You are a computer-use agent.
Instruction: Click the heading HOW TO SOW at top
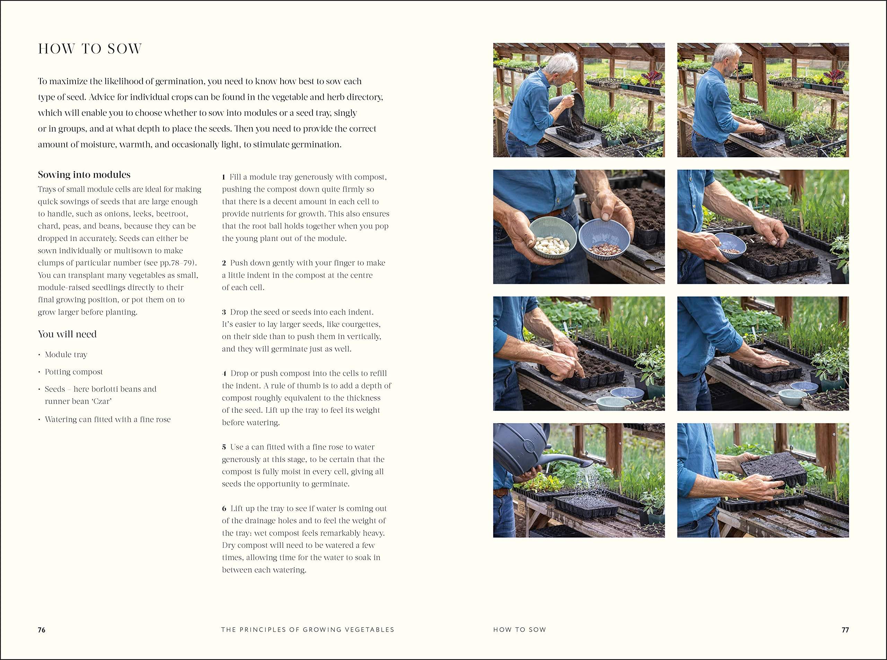tap(90, 49)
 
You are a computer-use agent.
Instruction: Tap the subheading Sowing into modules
tap(84, 175)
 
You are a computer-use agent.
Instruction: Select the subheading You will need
tap(67, 334)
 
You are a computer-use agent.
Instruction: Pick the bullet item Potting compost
tap(73, 372)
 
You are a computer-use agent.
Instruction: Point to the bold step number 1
tap(224, 177)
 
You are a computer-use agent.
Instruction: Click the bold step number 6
tap(224, 509)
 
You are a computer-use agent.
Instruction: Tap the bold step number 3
tap(224, 312)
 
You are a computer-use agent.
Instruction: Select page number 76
tap(42, 630)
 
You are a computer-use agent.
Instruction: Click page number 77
tap(845, 630)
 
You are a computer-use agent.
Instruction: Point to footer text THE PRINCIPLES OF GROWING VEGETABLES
tap(308, 630)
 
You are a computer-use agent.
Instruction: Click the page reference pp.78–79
tap(177, 263)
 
